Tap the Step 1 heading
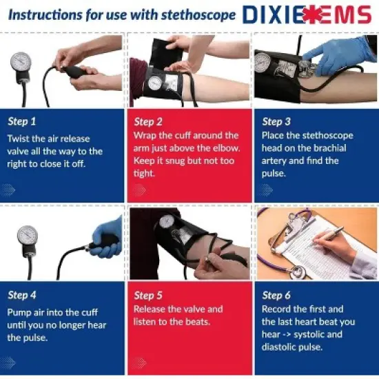[x=23, y=121]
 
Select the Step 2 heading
[x=148, y=121]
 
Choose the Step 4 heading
[x=23, y=295]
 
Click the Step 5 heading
[x=148, y=295]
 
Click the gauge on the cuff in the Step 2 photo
[x=156, y=83]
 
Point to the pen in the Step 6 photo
[x=330, y=234]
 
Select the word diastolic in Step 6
[x=279, y=347]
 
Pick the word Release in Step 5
[x=150, y=309]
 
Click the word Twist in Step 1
[x=19, y=139]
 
